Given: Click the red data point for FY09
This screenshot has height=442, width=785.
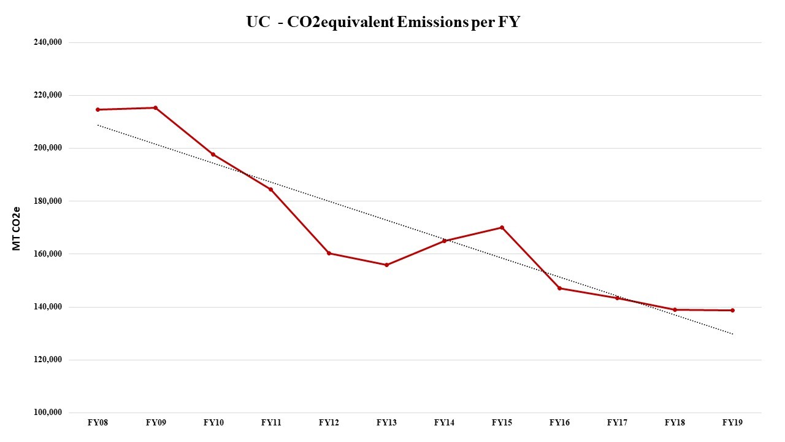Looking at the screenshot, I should (x=155, y=108).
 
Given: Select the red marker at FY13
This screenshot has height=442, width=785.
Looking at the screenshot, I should (x=386, y=265).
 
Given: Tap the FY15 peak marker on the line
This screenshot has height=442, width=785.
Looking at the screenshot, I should (x=502, y=228).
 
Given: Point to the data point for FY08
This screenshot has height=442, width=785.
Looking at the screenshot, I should (x=98, y=110).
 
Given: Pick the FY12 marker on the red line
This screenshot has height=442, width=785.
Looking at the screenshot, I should (x=329, y=253).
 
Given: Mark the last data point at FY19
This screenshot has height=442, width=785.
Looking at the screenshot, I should (x=732, y=310).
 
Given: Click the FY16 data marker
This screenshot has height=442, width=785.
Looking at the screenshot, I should (x=559, y=288).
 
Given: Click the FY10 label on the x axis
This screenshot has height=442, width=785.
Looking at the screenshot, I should (x=213, y=423).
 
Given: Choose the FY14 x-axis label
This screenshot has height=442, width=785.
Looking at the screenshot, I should (x=444, y=423).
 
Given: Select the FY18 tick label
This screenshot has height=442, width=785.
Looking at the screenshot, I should (x=675, y=423).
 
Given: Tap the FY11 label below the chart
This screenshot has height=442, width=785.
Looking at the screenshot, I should (x=270, y=423).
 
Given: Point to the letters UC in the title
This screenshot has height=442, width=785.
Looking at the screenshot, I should (x=257, y=23).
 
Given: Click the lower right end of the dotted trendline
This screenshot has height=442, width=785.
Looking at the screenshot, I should (x=732, y=334).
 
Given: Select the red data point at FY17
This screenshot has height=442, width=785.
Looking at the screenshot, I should (x=617, y=298).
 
